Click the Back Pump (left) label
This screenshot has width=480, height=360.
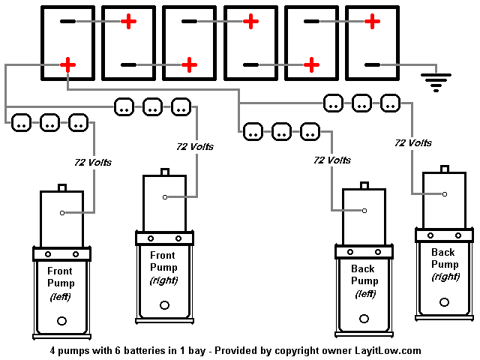[364, 280]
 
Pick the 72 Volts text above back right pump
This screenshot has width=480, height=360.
[412, 142]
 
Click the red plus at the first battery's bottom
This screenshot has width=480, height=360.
[68, 65]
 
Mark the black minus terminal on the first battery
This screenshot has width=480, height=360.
[67, 22]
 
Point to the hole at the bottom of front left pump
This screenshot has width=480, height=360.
[61, 321]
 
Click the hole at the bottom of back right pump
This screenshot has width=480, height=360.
[445, 301]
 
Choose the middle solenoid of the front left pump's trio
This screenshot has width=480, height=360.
[49, 121]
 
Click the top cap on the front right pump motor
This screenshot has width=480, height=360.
[165, 172]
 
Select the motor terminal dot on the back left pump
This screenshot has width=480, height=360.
[364, 211]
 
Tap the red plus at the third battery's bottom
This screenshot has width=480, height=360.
[190, 65]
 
